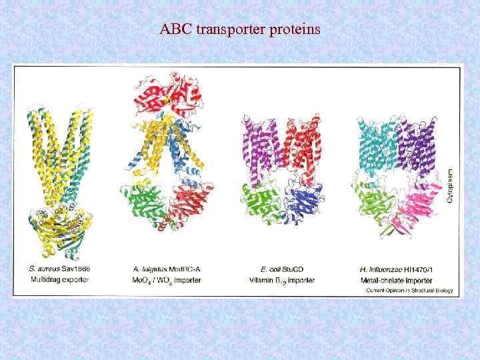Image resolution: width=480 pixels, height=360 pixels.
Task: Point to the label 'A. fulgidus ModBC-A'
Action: point(167,269)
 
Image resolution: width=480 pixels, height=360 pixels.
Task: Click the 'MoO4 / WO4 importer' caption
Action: point(167,280)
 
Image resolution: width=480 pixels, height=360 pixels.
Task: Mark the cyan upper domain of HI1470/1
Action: point(377,143)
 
